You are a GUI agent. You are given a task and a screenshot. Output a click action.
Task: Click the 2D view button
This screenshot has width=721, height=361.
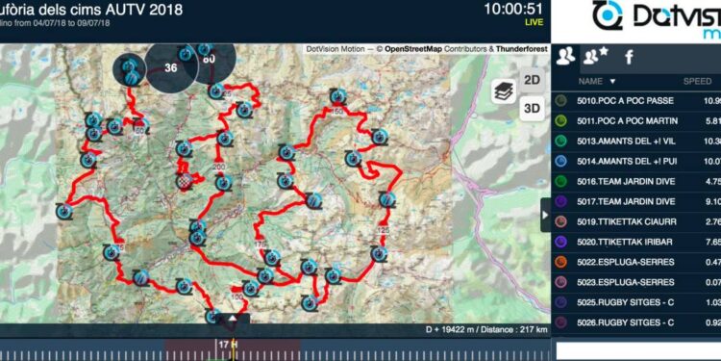[x=532, y=79]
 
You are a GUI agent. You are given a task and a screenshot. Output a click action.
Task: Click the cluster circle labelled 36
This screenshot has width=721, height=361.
[x=171, y=68]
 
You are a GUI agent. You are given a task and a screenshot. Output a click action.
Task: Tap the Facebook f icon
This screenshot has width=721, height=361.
[x=630, y=56]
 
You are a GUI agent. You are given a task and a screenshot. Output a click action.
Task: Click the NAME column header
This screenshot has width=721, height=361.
[x=597, y=81]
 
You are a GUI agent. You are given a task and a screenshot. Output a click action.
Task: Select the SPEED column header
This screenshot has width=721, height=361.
[x=697, y=81]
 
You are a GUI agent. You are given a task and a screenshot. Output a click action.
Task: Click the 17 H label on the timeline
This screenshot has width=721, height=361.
[x=227, y=344]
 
